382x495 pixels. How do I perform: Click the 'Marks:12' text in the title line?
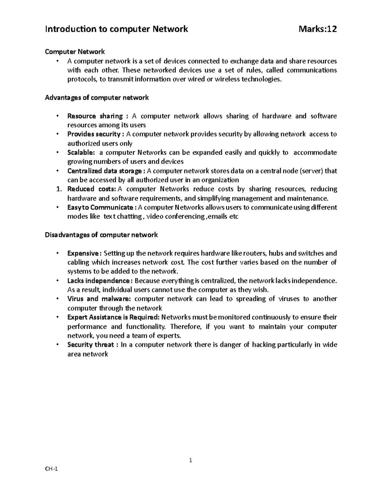(317, 29)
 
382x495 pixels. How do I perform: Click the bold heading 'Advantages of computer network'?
(97, 98)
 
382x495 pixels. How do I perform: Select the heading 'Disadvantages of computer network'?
(101, 235)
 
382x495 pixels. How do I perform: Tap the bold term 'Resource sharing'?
(95, 116)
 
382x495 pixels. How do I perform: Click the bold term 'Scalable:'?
(81, 152)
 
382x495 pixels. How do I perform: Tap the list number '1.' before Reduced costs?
(58, 189)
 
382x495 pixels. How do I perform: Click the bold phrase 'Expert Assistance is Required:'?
(113, 317)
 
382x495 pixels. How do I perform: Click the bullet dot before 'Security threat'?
(57, 344)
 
